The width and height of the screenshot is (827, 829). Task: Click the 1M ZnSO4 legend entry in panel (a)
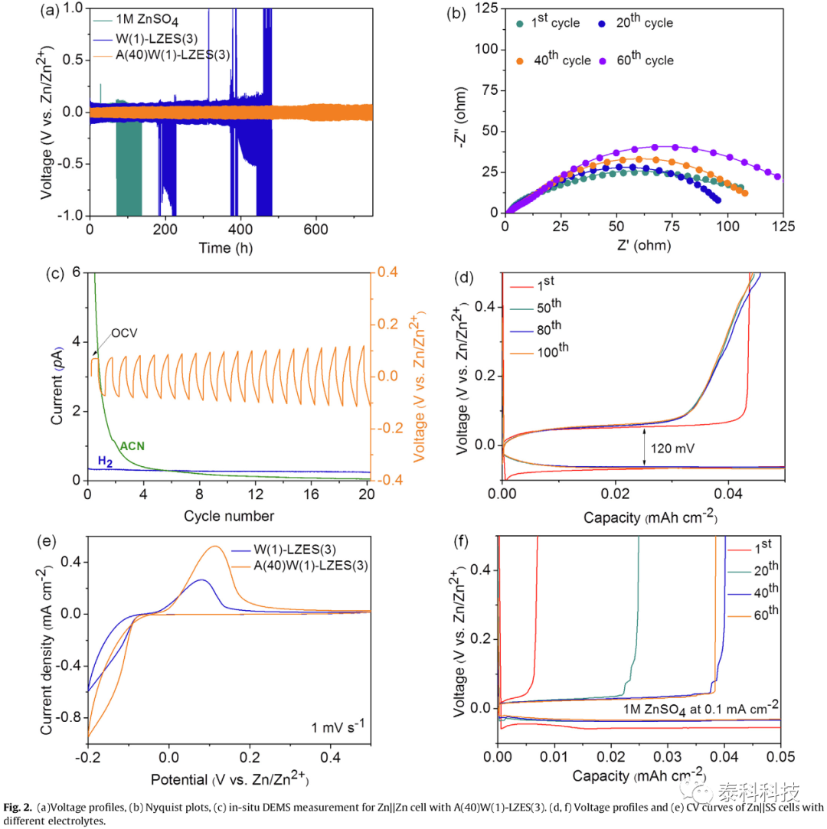pyautogui.click(x=136, y=20)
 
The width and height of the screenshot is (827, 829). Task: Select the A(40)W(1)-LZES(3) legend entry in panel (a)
pyautogui.click(x=162, y=55)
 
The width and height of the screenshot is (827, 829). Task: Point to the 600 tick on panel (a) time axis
pyautogui.click(x=315, y=230)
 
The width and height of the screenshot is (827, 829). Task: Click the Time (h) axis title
pyautogui.click(x=225, y=248)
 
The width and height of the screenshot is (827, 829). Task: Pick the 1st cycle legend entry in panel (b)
pyautogui.click(x=548, y=21)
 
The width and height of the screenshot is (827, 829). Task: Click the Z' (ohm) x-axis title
pyautogui.click(x=643, y=245)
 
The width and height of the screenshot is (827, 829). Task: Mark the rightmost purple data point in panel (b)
pyautogui.click(x=777, y=177)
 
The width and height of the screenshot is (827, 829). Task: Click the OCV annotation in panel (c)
pyautogui.click(x=124, y=333)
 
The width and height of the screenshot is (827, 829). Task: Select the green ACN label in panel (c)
pyautogui.click(x=132, y=446)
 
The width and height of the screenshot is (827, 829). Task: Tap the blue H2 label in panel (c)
pyautogui.click(x=105, y=461)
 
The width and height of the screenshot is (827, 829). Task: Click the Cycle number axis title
pyautogui.click(x=229, y=516)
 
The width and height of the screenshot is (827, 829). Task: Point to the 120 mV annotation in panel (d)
pyautogui.click(x=672, y=449)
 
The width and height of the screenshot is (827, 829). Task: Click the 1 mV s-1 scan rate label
pyautogui.click(x=338, y=726)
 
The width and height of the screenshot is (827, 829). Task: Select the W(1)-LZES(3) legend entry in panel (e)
pyautogui.click(x=284, y=550)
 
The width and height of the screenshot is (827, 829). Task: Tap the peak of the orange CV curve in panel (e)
pyautogui.click(x=215, y=546)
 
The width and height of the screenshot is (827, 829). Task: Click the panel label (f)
pyautogui.click(x=461, y=541)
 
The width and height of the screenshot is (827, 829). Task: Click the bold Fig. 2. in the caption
pyautogui.click(x=18, y=808)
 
